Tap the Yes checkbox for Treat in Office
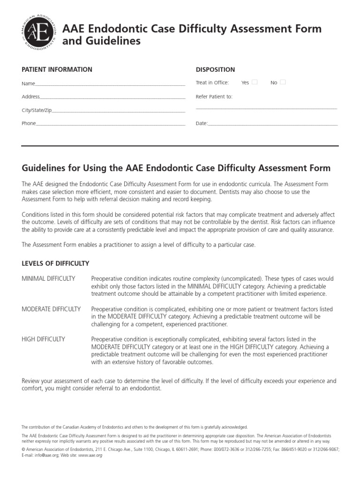click(255, 82)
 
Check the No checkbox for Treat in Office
click(283, 82)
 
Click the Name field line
click(110, 85)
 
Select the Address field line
click(112, 98)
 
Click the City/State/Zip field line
click(119, 112)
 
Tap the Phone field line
click(110, 125)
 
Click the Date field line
click(272, 125)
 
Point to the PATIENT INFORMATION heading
click(57, 69)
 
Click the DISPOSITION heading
click(215, 69)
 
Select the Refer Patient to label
click(214, 97)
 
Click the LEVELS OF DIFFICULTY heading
click(55, 263)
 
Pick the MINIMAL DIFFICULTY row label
click(48, 278)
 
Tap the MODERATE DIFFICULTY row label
click(51, 309)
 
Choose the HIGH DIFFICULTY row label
click(44, 339)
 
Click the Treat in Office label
click(212, 82)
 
